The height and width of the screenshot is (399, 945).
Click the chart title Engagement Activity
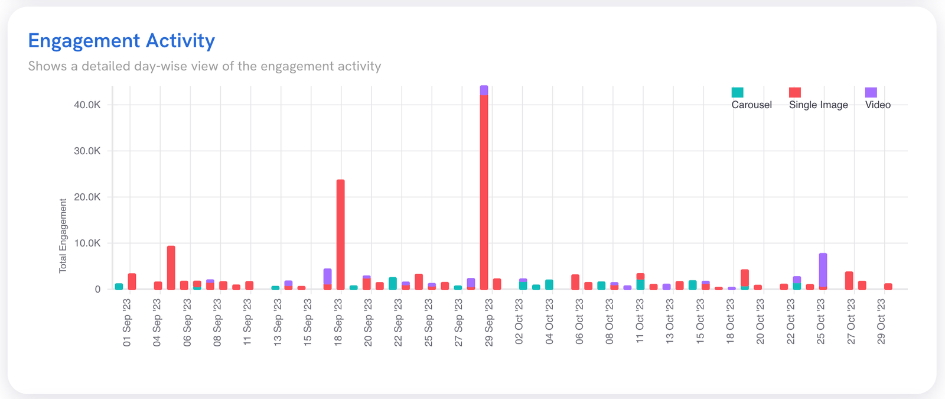[121, 41]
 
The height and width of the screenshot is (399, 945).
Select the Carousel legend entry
[751, 105]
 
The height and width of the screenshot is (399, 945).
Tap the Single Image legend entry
[818, 105]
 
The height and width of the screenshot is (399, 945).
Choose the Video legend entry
[877, 105]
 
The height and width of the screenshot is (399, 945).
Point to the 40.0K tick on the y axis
[87, 105]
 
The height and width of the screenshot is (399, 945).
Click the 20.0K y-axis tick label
[87, 197]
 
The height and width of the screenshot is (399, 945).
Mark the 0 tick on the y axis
[97, 289]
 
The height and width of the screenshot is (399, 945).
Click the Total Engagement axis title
[63, 236]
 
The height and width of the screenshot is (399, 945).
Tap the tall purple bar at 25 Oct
[823, 270]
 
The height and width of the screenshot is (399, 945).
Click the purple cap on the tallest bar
[484, 90]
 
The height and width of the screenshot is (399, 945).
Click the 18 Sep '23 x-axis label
[338, 322]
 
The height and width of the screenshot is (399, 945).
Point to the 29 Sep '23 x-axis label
[489, 322]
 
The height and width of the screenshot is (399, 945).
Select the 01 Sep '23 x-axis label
[127, 322]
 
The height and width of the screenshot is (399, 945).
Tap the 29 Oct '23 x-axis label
[881, 322]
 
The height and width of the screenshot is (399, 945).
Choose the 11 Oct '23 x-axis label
[640, 322]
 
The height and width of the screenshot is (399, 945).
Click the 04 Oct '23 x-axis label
[549, 322]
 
